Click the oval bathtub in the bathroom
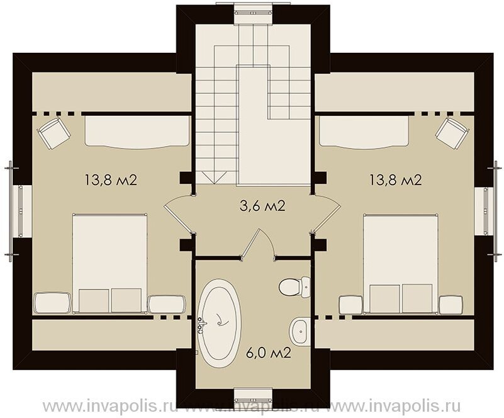pyautogui.click(x=220, y=323)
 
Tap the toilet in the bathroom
pyautogui.click(x=293, y=286)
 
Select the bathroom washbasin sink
pyautogui.click(x=300, y=330)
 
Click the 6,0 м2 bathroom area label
pyautogui.click(x=269, y=353)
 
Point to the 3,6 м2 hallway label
pyautogui.click(x=262, y=206)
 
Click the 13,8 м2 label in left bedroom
pyautogui.click(x=111, y=180)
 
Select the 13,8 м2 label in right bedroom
pyautogui.click(x=395, y=180)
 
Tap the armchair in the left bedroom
pyautogui.click(x=53, y=133)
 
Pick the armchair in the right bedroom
pyautogui.click(x=452, y=133)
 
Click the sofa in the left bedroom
pyautogui.click(x=137, y=132)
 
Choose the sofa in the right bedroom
pyautogui.click(x=364, y=132)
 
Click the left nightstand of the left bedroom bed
pyautogui.click(x=52, y=302)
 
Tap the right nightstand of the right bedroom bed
pyautogui.click(x=451, y=305)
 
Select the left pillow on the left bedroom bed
pyautogui.click(x=94, y=301)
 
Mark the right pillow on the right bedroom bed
pyautogui.click(x=417, y=298)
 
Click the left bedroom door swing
pyautogui.click(x=179, y=213)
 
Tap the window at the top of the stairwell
pyautogui.click(x=253, y=12)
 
